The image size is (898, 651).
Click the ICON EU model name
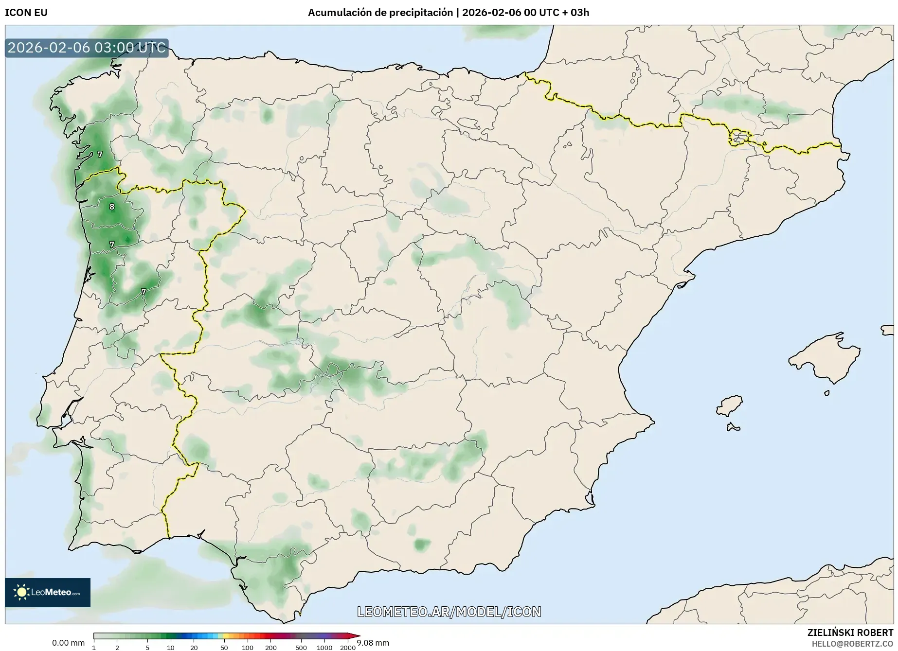pos(26,13)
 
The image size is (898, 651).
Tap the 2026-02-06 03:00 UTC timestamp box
pos(87,48)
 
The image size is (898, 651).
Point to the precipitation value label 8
pos(112,207)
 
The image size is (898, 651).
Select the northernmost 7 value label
pos(100,154)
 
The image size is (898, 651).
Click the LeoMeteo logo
pos(48,592)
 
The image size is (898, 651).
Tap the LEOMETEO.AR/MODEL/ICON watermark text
pos(449,612)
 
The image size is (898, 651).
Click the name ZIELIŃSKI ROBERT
pos(850,633)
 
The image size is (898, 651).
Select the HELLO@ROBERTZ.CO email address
pos(852,644)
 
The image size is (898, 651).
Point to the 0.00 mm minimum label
pos(68,643)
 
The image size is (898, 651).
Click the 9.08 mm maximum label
pos(373,643)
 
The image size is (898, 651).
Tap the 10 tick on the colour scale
pos(170,648)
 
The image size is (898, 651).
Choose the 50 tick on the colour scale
pos(224,648)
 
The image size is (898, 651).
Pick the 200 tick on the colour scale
pos(271,648)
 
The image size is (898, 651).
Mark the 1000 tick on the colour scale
pos(324,648)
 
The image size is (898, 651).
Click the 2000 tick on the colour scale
pos(347,648)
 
